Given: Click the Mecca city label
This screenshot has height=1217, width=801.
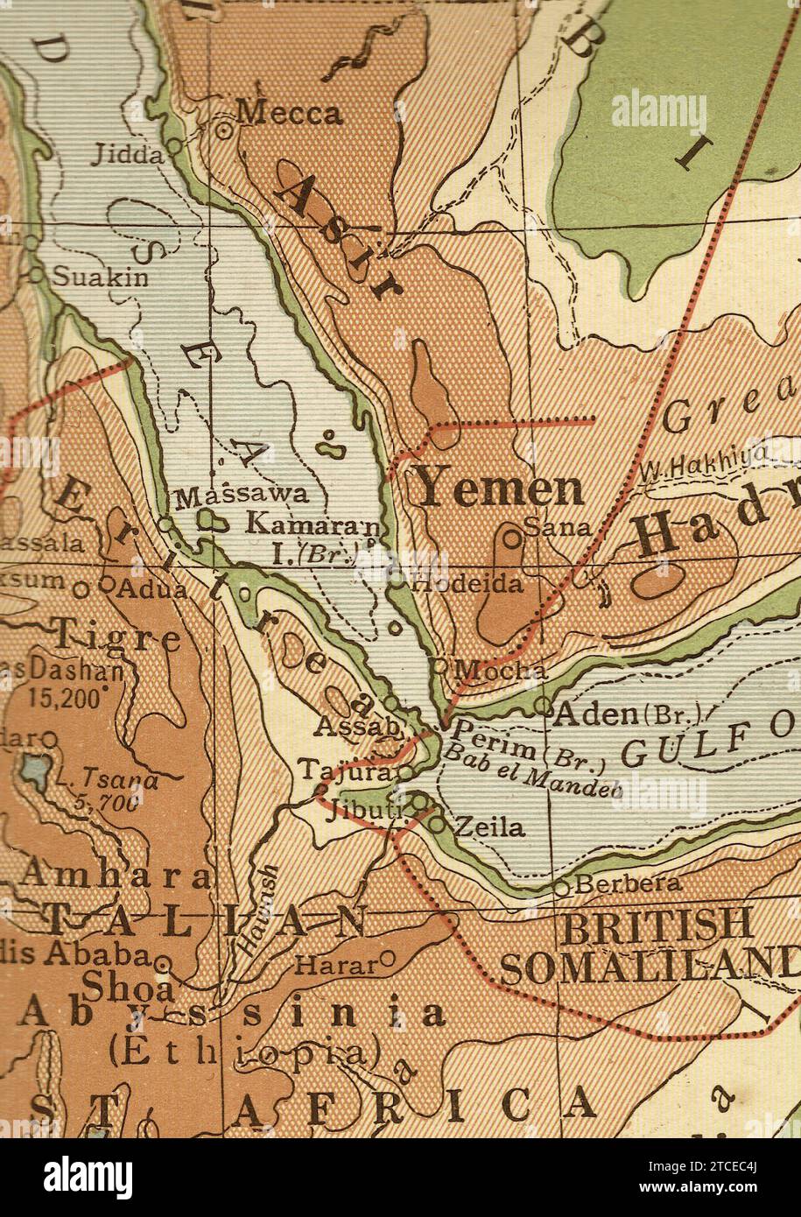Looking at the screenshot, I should click(x=290, y=113).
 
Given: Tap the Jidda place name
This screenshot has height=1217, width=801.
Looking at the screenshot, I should click(x=128, y=156).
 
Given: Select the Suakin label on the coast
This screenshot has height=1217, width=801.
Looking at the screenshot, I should click(x=101, y=278).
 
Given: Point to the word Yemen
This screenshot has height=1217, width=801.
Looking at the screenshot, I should click(x=499, y=489).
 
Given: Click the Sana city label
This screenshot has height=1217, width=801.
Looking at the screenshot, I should click(x=558, y=527).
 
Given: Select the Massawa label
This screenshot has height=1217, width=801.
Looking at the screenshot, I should click(x=242, y=496).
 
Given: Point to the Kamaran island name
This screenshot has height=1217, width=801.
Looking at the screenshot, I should click(x=313, y=525).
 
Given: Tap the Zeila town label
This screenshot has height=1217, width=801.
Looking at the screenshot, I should click(x=490, y=827).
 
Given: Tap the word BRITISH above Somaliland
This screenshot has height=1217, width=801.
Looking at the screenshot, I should click(x=657, y=924).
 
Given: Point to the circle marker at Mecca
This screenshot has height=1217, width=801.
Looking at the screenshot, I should click(x=223, y=130).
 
